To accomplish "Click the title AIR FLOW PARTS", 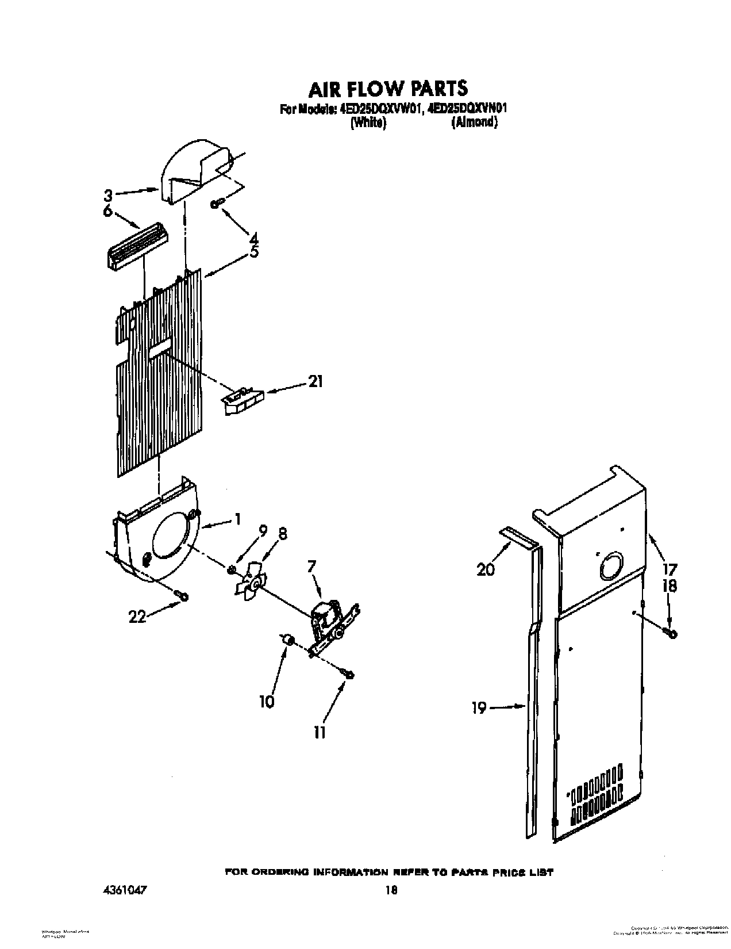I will (388, 88).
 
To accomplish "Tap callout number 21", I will (316, 381).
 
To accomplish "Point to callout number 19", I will (479, 708).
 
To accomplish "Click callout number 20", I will (486, 570).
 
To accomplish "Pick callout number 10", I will (267, 702).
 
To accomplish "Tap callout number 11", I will (320, 732).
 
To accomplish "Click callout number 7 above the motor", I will (311, 567).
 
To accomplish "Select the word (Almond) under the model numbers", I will (474, 122).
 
